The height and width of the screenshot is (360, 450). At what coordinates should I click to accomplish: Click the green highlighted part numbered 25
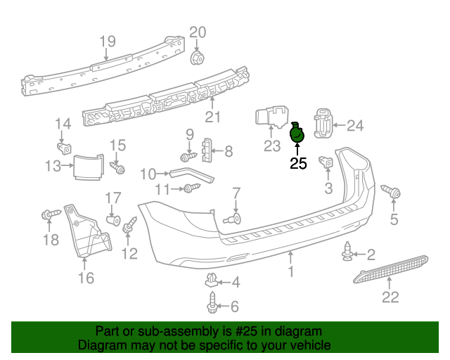pos(297,131)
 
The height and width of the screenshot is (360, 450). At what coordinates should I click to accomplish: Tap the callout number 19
pos(107,41)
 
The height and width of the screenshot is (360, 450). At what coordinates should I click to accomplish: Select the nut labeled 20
pos(198,56)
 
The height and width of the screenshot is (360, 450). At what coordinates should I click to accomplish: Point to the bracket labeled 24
pos(323,123)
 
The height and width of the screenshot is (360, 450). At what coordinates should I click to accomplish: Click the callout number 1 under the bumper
pos(290,271)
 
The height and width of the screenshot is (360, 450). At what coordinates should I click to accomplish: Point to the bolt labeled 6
pos(212,306)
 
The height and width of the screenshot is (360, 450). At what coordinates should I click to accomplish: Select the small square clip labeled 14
pos(64,148)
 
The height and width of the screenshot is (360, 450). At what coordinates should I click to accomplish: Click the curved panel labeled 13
pos(89,167)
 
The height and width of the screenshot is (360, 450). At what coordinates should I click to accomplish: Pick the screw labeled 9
pos(188,157)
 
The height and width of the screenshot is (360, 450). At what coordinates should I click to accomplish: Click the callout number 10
pos(148,174)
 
